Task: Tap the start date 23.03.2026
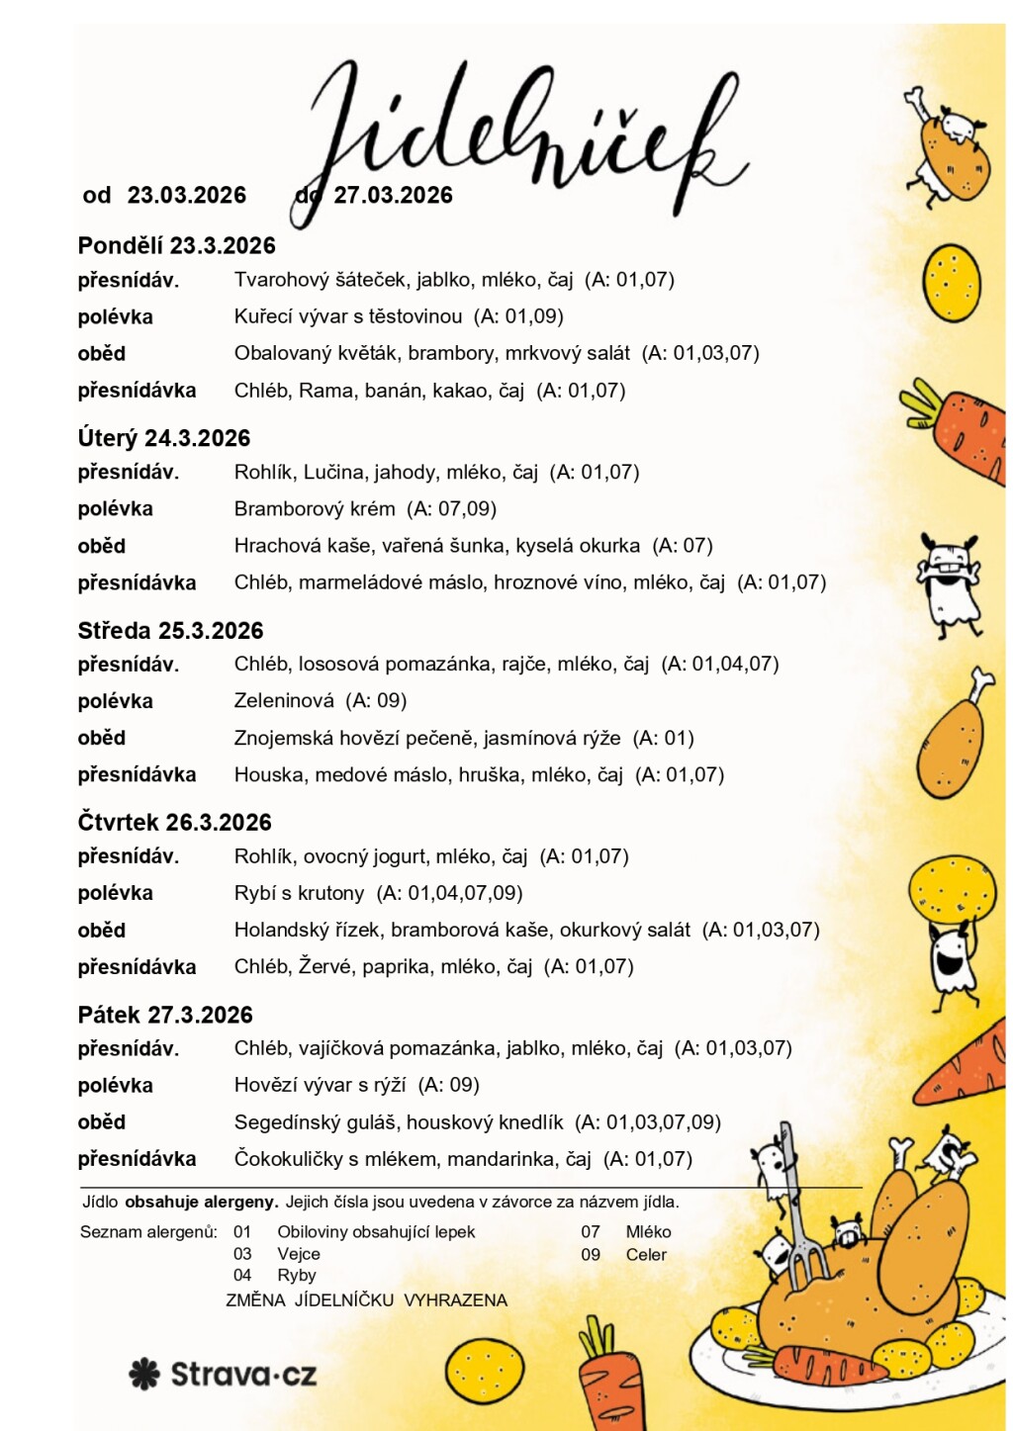pos(186,195)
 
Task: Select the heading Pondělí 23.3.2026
pos(176,245)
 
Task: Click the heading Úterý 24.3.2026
pos(164,438)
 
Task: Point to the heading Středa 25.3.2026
pos(170,631)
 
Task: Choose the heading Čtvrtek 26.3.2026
pos(174,822)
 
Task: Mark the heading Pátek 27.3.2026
pos(165,1015)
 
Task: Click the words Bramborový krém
pos(314,509)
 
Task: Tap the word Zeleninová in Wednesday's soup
pos(284,701)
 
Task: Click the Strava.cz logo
pos(224,1374)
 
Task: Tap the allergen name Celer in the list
pos(646,1255)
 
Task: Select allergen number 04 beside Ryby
pos(242,1276)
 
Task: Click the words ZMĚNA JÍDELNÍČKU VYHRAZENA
pos(366,1300)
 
